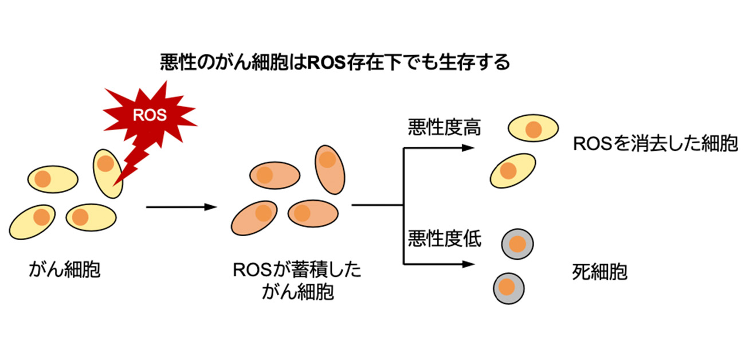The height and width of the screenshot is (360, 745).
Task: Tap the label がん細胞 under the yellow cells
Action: click(x=65, y=269)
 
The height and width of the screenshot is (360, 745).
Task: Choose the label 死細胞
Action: click(x=599, y=272)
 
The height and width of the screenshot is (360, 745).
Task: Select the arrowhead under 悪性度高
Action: click(x=469, y=148)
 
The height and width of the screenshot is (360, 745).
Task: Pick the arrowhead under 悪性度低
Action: click(x=469, y=264)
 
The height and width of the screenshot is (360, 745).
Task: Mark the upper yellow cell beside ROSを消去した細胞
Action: click(x=533, y=129)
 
